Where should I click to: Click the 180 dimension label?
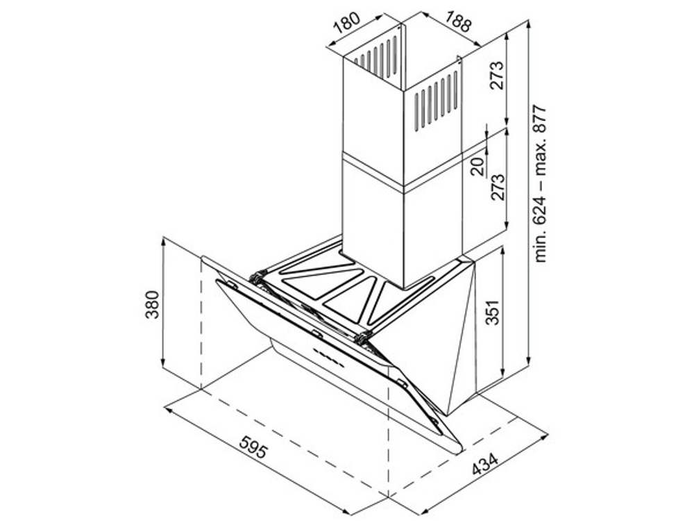[x=347, y=23]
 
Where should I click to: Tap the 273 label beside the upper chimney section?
[x=497, y=75]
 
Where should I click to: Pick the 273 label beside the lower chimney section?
[x=497, y=186]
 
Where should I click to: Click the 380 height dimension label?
[x=152, y=304]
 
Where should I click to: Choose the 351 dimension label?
[x=492, y=313]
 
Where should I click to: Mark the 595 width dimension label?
[x=254, y=446]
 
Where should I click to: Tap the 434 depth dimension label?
[x=486, y=464]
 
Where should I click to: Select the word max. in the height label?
[x=541, y=156]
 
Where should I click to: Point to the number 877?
[x=541, y=119]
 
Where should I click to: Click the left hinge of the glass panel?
[x=257, y=278]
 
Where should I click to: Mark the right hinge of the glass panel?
[x=362, y=338]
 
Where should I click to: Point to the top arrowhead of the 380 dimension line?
[x=164, y=242]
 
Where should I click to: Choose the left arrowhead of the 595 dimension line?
[x=168, y=410]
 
